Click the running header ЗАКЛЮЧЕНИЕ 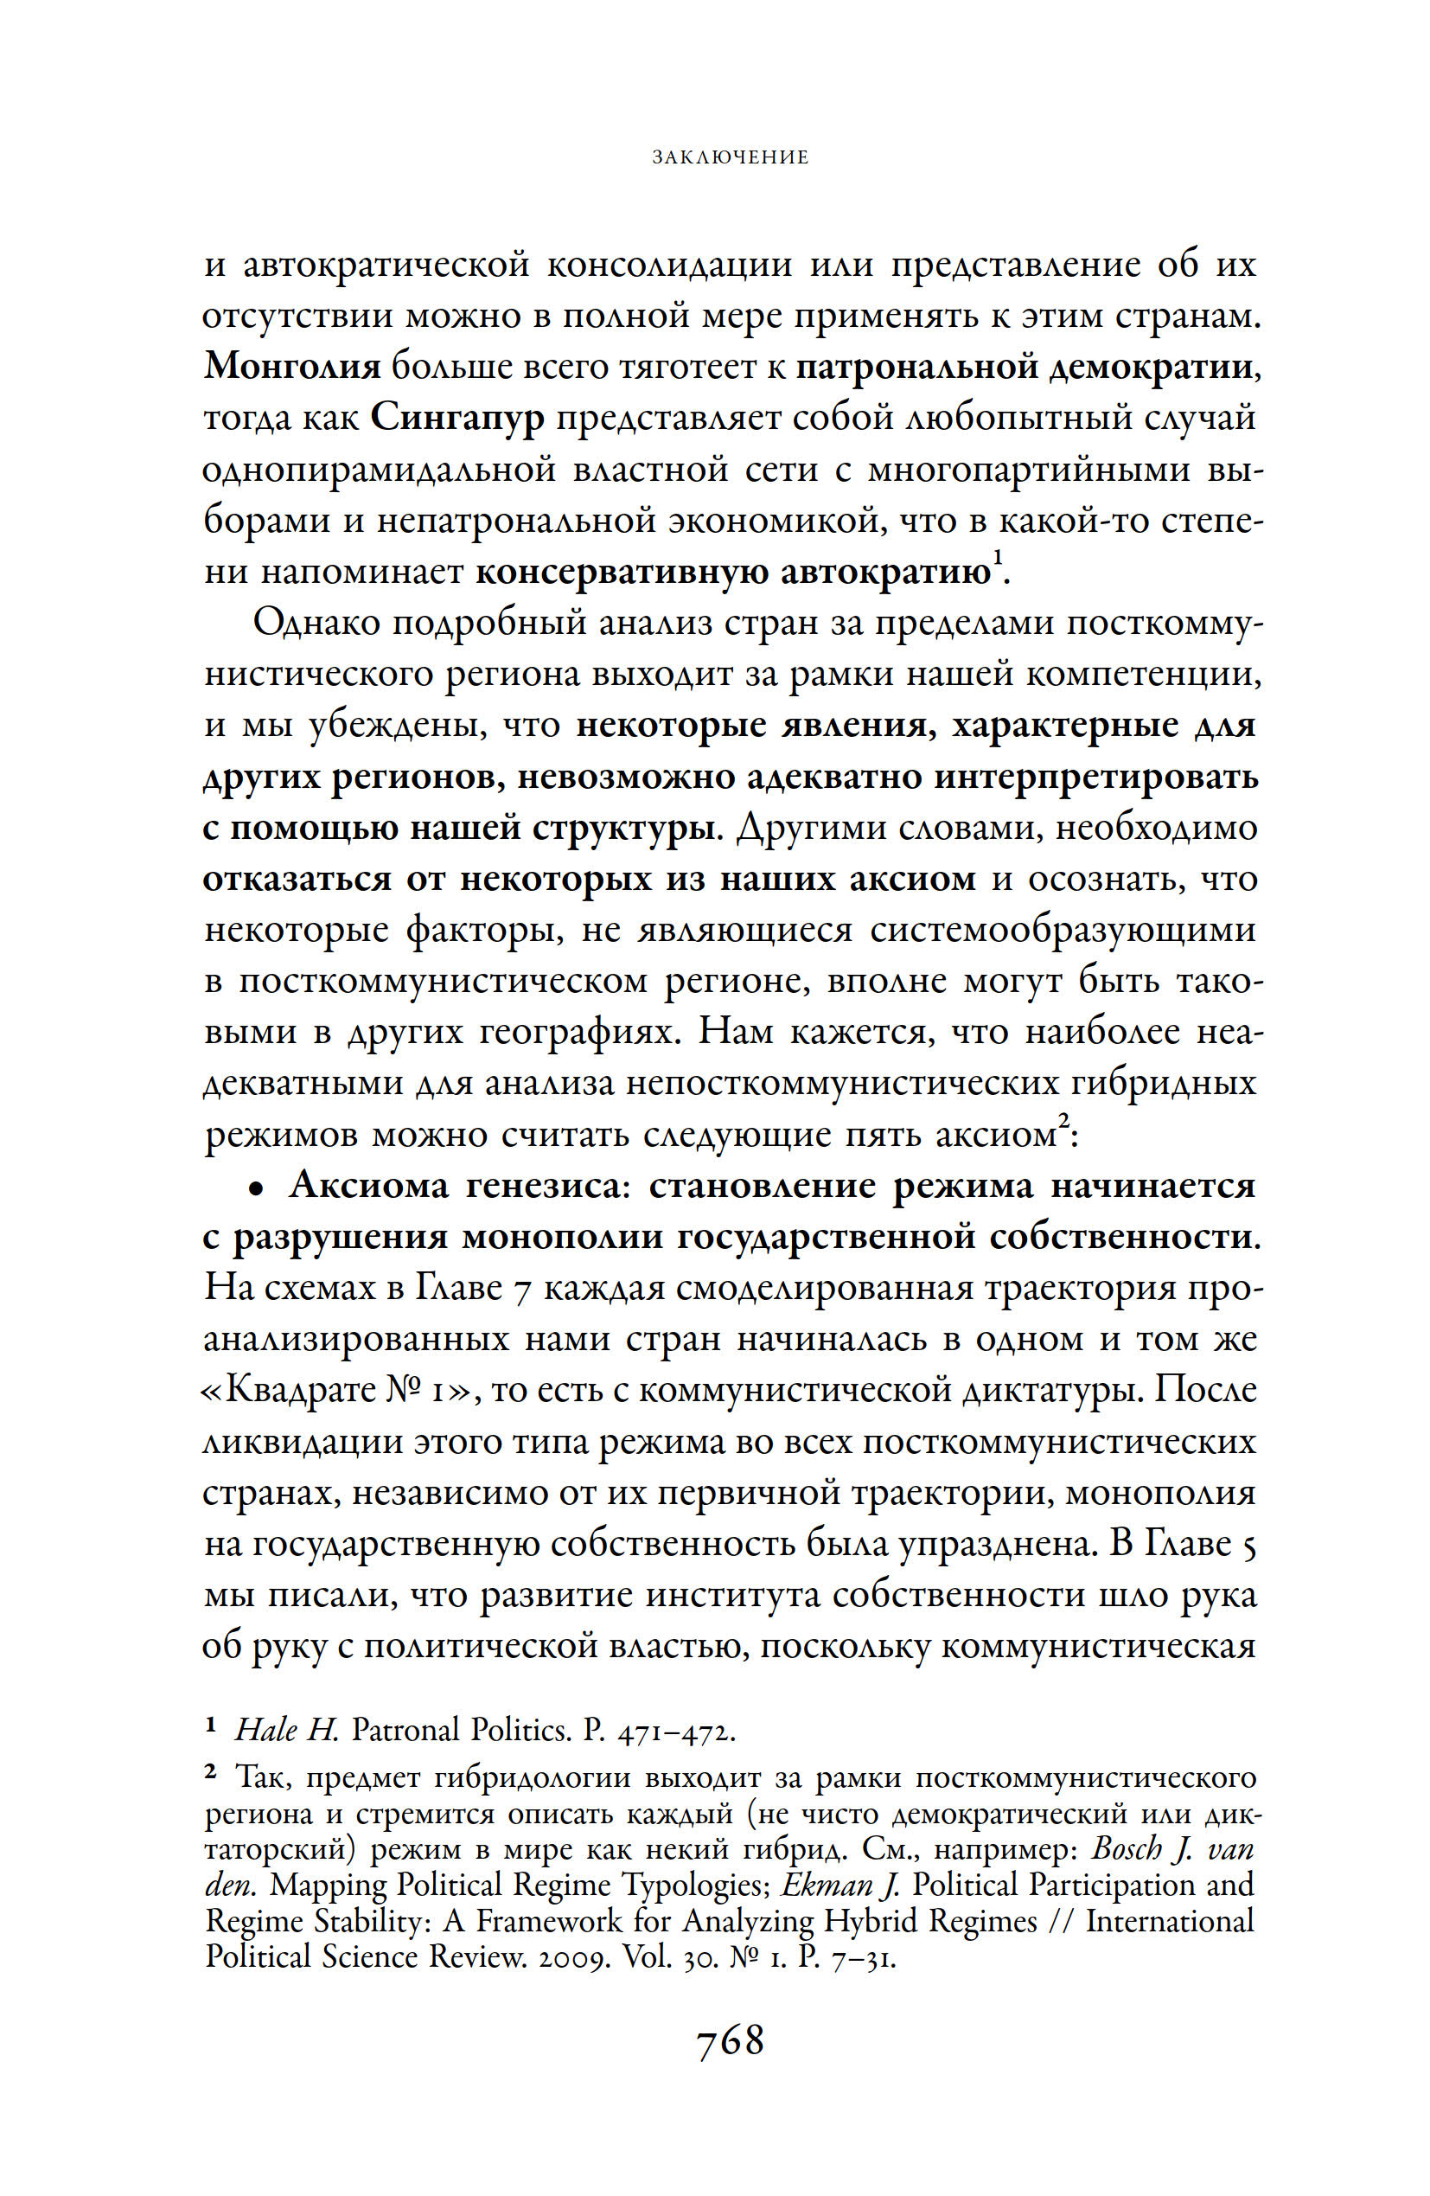click(x=730, y=157)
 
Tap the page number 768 click(x=730, y=2040)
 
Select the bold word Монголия click(x=291, y=368)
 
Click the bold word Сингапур click(x=457, y=419)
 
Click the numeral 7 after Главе click(x=521, y=1289)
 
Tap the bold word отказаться click(x=297, y=879)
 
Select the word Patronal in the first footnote click(x=405, y=1730)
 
